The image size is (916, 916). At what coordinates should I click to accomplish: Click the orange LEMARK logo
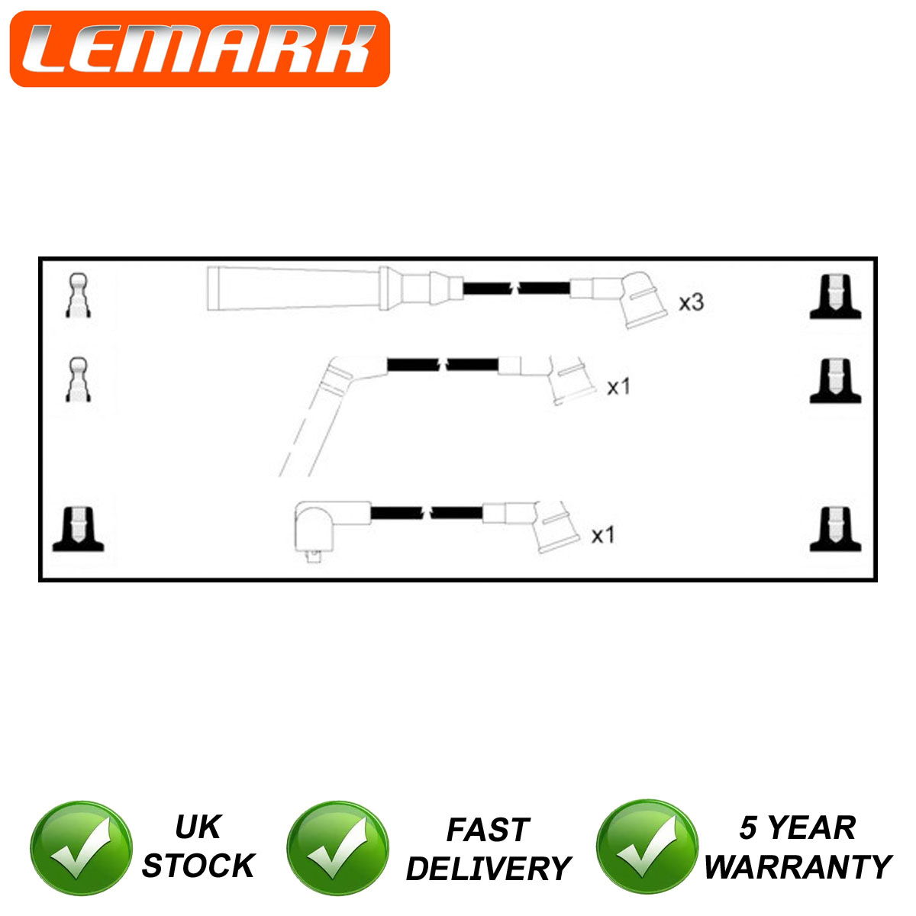[x=200, y=49]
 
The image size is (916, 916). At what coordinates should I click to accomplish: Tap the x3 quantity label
[x=691, y=302]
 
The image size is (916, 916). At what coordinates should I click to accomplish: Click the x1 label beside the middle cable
[x=618, y=386]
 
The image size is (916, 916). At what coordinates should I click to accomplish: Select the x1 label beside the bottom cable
[x=603, y=535]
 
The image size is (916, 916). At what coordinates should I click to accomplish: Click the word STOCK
[x=198, y=866]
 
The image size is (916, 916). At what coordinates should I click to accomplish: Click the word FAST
[x=489, y=830]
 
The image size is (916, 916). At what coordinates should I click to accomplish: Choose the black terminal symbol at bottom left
[x=78, y=529]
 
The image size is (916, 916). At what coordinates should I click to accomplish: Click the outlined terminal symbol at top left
[x=78, y=295]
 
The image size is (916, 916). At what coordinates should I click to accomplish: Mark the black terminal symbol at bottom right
[x=835, y=529]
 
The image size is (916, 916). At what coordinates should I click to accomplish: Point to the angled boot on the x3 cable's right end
[x=642, y=299]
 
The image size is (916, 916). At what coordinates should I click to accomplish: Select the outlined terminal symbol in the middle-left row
[x=78, y=379]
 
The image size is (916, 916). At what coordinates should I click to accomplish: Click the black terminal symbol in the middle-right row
[x=835, y=380]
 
